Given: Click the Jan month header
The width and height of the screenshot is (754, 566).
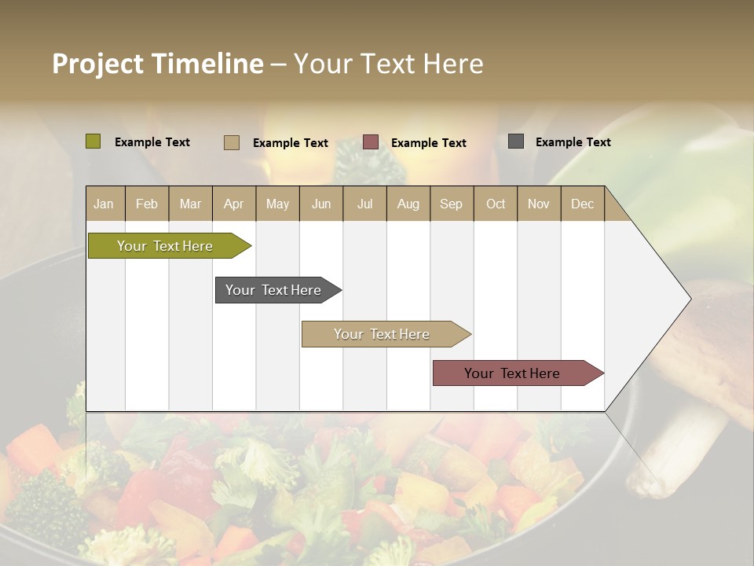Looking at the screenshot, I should click(x=104, y=204).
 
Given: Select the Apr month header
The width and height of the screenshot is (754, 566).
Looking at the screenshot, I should click(x=233, y=204).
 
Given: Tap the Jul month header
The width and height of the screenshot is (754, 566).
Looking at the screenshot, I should click(x=364, y=204).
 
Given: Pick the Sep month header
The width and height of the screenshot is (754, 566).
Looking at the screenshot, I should click(x=451, y=204).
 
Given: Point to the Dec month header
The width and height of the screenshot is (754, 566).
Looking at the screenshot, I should click(x=582, y=204).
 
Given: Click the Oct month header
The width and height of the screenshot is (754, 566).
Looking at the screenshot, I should click(x=496, y=204).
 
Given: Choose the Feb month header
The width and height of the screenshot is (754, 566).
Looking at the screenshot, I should click(x=147, y=204).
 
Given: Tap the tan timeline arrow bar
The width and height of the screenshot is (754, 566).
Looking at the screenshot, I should click(x=382, y=334).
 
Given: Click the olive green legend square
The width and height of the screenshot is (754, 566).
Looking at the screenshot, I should click(x=93, y=141).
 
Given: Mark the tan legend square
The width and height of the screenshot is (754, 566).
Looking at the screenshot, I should click(x=232, y=142).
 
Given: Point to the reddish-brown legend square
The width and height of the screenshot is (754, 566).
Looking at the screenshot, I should click(x=371, y=142).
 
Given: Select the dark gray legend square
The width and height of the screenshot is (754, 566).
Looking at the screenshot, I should click(x=516, y=141).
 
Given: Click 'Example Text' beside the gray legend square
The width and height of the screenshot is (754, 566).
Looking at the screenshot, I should click(x=573, y=142).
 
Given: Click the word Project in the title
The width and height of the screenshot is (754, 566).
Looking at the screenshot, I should click(x=97, y=64).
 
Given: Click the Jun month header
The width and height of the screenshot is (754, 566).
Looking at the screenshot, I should click(x=321, y=204).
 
